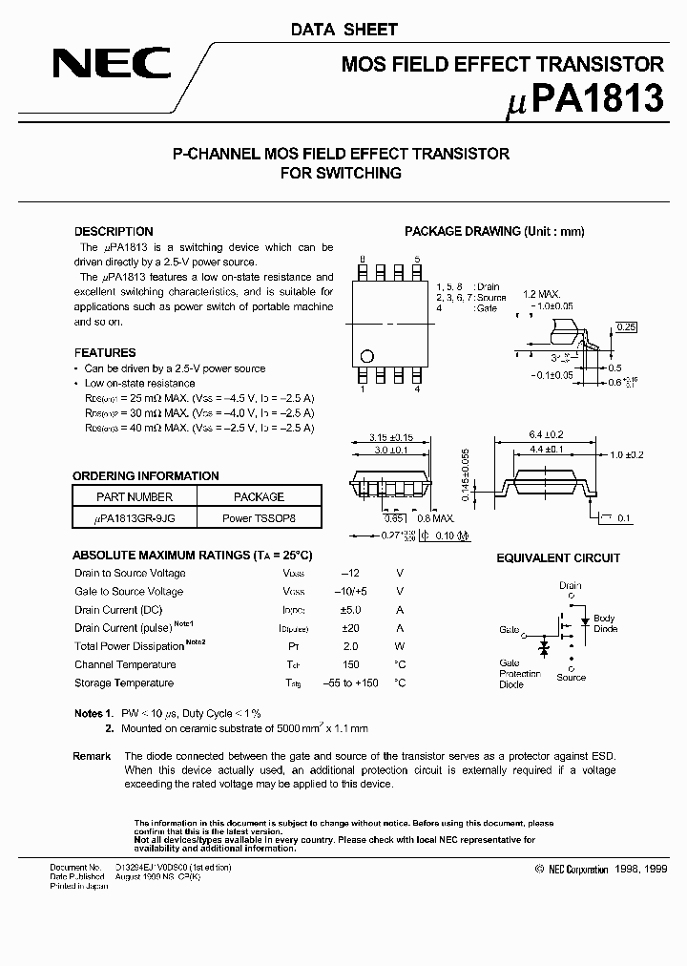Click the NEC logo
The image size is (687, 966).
click(112, 66)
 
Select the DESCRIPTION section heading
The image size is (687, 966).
click(114, 231)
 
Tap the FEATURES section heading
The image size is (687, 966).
click(105, 352)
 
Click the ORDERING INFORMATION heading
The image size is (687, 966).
click(146, 475)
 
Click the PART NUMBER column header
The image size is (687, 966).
click(135, 496)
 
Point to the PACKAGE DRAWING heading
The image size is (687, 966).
click(494, 231)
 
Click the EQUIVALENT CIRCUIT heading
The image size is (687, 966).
click(558, 557)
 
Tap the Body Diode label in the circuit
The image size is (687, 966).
click(605, 624)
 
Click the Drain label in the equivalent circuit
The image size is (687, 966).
click(570, 585)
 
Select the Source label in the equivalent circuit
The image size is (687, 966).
click(571, 677)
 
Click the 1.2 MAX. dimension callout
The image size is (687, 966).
click(541, 295)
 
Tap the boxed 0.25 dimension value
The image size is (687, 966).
click(626, 327)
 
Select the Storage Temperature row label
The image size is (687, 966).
click(124, 682)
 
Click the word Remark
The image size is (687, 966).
click(92, 755)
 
